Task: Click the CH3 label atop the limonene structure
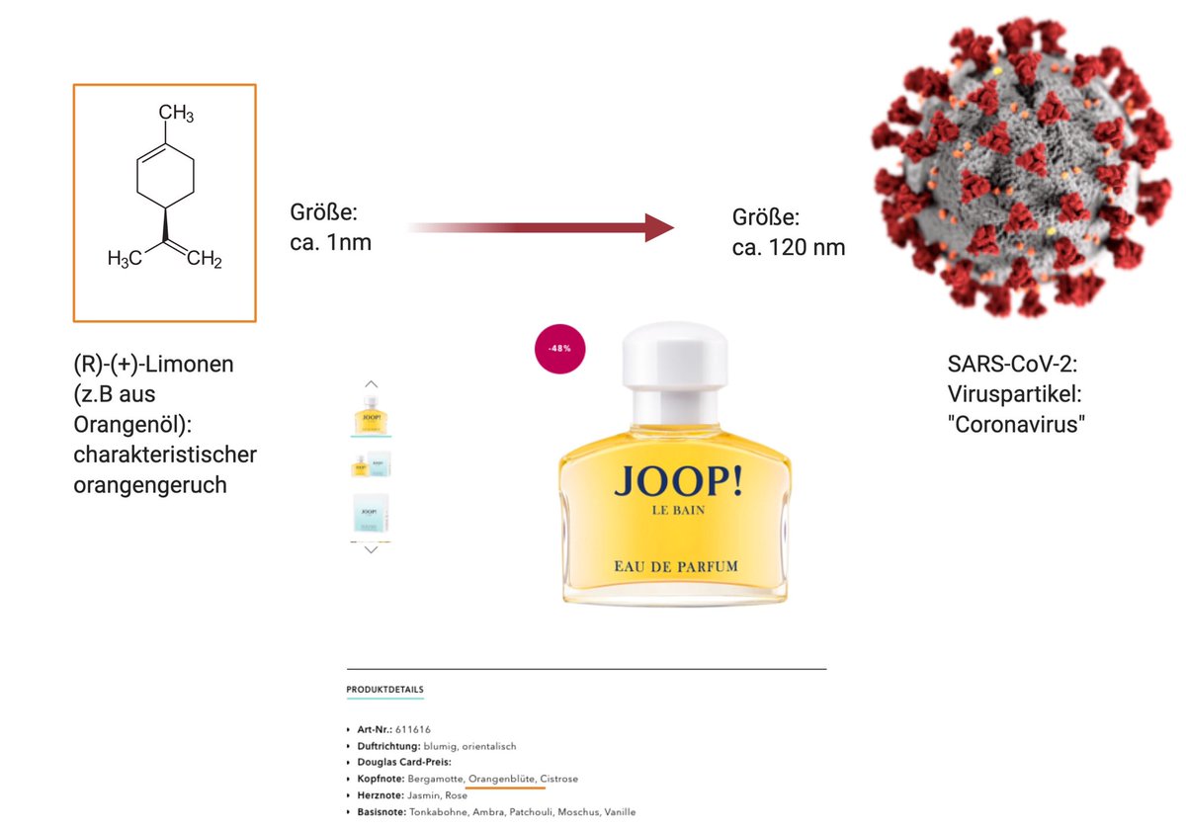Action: (x=176, y=115)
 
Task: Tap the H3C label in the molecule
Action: (x=125, y=260)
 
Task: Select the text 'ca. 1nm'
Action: (x=331, y=241)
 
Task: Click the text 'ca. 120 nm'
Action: (x=789, y=247)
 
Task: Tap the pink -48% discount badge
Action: (x=560, y=348)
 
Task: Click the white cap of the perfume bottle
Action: (x=675, y=365)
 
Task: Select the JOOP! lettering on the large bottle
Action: (x=675, y=481)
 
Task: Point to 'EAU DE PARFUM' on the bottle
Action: (x=676, y=567)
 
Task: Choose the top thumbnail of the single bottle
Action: (x=372, y=415)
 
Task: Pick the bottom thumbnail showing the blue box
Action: (x=372, y=515)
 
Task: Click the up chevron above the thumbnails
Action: (x=372, y=383)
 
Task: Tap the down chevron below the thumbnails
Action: (x=372, y=550)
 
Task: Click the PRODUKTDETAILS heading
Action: (x=384, y=689)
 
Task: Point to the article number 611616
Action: (x=413, y=729)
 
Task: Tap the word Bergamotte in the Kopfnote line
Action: (x=435, y=779)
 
